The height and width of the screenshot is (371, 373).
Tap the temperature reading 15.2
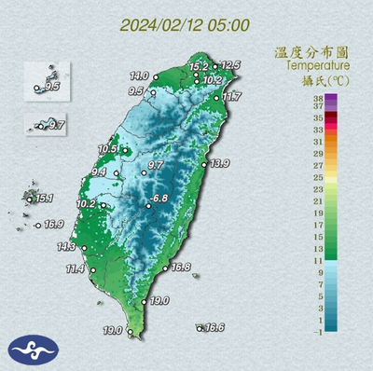[198, 67]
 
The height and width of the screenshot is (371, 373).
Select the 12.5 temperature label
[230, 64]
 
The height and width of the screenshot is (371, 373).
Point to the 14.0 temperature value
[139, 75]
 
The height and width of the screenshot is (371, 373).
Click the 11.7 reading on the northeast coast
[231, 96]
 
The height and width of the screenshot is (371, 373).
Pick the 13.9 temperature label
[219, 164]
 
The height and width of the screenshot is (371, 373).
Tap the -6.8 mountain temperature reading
[159, 199]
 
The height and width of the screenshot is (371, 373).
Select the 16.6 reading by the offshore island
[214, 327]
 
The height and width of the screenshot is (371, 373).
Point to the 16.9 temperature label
[53, 225]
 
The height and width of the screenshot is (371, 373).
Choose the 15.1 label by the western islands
[45, 199]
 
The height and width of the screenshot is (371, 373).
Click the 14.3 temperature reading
[66, 247]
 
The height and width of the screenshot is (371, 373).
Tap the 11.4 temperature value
[75, 269]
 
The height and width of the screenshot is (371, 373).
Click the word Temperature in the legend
[317, 66]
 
